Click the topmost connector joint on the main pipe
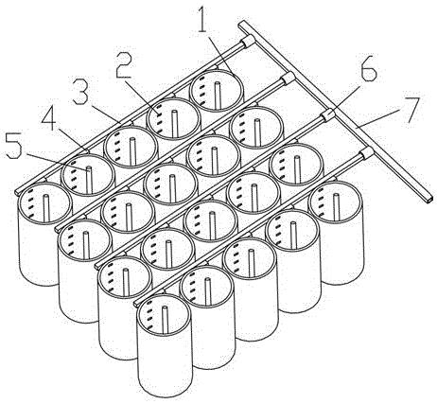248,42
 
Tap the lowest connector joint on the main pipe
366,153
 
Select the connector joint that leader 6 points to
327,115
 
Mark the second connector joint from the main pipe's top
288,78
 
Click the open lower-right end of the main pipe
429,199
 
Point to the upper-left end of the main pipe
241,24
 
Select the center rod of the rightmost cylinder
337,207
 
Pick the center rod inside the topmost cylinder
217,96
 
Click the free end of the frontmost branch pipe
136,304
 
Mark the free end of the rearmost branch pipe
18,191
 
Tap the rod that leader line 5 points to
89,180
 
